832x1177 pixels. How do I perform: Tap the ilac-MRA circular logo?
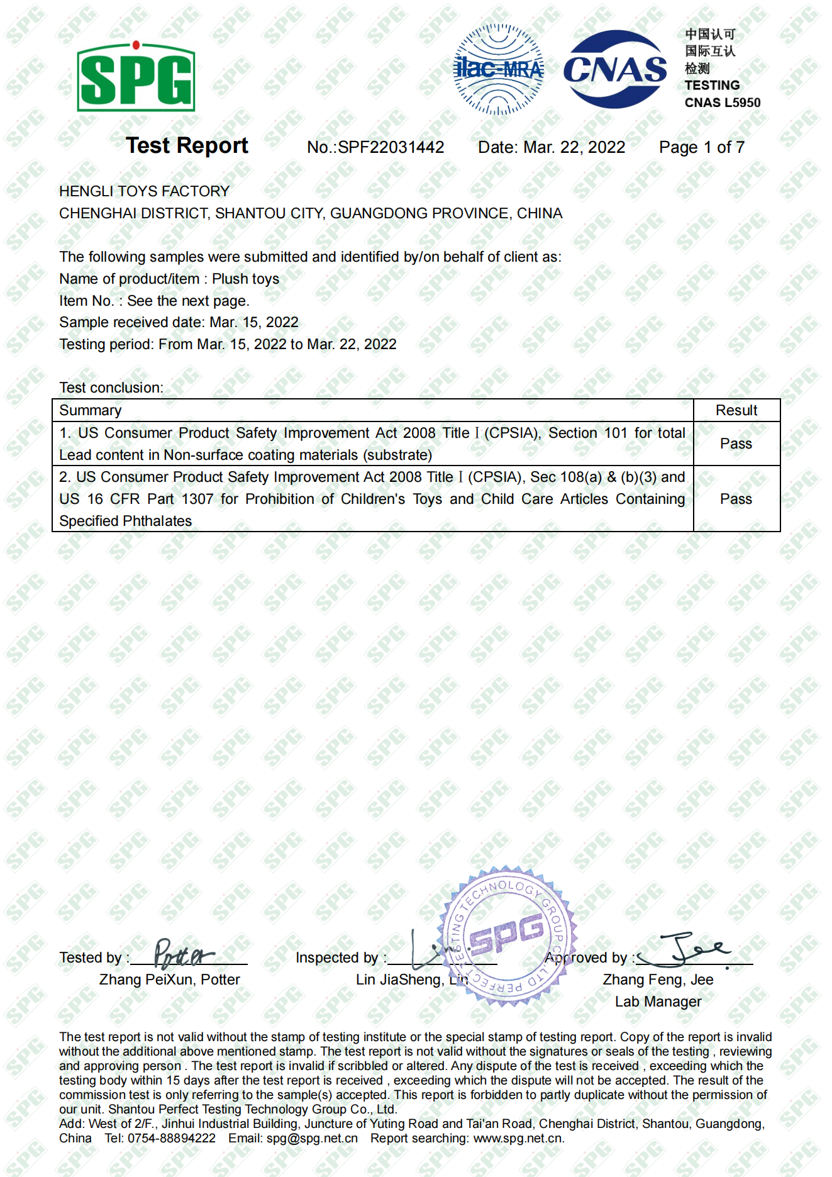tap(499, 69)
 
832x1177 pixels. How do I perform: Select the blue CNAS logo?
tap(614, 69)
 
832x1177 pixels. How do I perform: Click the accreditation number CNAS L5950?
tap(723, 103)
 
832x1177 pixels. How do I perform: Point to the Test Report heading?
tap(187, 146)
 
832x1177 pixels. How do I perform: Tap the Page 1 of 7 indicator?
tap(702, 147)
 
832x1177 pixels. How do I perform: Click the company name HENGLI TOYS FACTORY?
tap(144, 191)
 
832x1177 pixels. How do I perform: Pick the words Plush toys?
tap(245, 279)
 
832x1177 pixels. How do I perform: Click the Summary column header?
tap(90, 410)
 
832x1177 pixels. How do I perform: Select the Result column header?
tap(736, 410)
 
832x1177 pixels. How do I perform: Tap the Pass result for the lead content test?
tap(736, 443)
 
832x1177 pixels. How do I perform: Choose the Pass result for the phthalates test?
tap(736, 499)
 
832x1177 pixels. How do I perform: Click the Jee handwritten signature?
tap(692, 949)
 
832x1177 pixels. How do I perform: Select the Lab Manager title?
tap(658, 1001)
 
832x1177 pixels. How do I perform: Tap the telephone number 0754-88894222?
tap(171, 1138)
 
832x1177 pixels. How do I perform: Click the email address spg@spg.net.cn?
tap(312, 1138)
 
